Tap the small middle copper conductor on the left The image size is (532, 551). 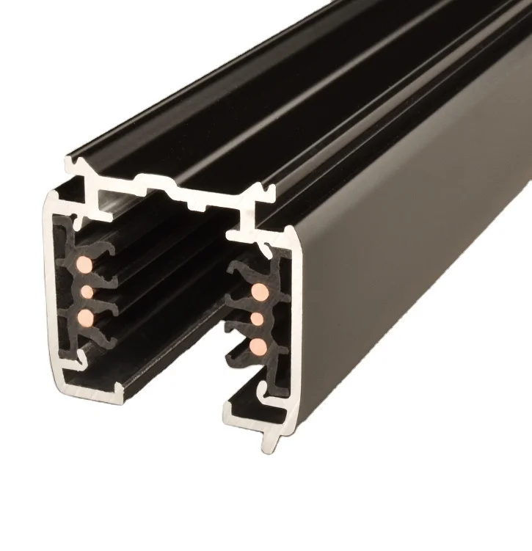point(87,292)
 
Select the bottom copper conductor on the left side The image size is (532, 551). point(87,317)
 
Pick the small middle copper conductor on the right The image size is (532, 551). point(258,319)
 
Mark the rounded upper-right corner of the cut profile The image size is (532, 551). point(294,238)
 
